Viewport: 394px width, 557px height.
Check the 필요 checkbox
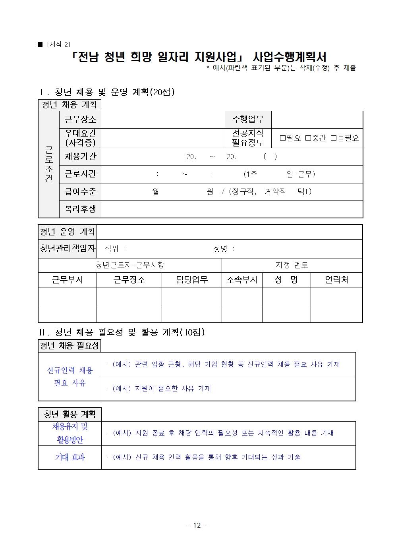283,138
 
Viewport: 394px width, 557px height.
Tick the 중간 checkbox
308,138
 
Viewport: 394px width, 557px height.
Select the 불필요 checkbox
334,138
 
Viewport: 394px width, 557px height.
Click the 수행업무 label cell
248,119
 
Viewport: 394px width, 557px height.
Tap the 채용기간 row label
80,156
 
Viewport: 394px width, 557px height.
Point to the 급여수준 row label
80,192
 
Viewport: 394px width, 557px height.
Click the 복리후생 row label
80,209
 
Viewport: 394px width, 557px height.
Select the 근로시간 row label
80,174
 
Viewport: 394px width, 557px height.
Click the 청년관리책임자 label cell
68,249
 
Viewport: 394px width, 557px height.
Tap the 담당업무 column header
191,280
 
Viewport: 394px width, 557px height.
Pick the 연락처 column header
336,280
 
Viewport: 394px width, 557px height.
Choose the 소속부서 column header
241,280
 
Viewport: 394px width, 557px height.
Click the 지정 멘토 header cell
292,265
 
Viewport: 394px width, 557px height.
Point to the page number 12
197,525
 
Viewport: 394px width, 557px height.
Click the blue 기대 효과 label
70,457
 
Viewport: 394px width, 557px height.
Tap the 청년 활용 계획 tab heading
70,414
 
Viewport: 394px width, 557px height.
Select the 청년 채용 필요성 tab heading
70,346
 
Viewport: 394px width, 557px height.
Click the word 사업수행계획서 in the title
290,57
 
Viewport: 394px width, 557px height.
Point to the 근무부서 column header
67,280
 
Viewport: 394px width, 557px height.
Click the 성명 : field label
224,249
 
